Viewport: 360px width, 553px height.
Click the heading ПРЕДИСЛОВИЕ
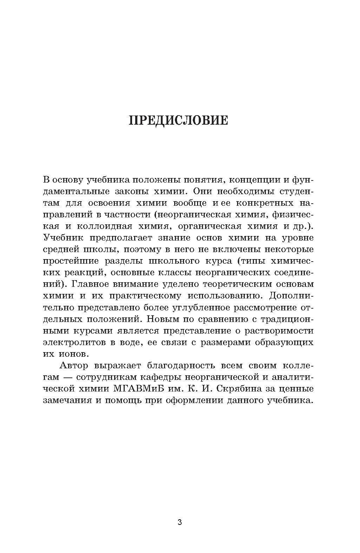179,120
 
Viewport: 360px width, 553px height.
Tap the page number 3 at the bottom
180,522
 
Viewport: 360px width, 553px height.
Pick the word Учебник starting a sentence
63,238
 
